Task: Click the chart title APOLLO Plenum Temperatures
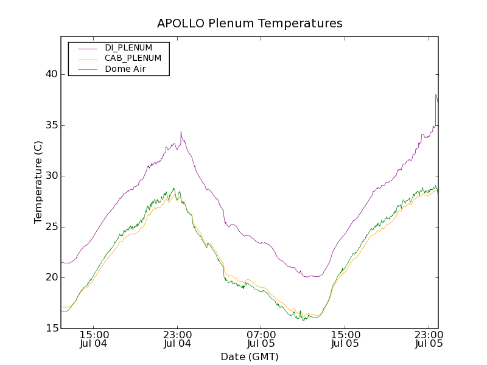(x=250, y=24)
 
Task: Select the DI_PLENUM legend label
(x=128, y=47)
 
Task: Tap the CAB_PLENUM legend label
(x=133, y=58)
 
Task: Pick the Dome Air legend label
(x=125, y=69)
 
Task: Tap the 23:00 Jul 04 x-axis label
(x=178, y=339)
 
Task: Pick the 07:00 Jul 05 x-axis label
(x=261, y=339)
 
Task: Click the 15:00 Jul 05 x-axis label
(x=345, y=339)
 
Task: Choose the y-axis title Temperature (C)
(x=38, y=182)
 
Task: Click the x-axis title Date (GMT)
(x=250, y=357)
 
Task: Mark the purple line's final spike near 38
(x=436, y=95)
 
